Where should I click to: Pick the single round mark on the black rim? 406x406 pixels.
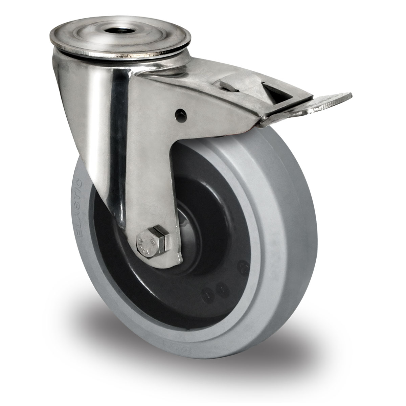coord(242,265)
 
